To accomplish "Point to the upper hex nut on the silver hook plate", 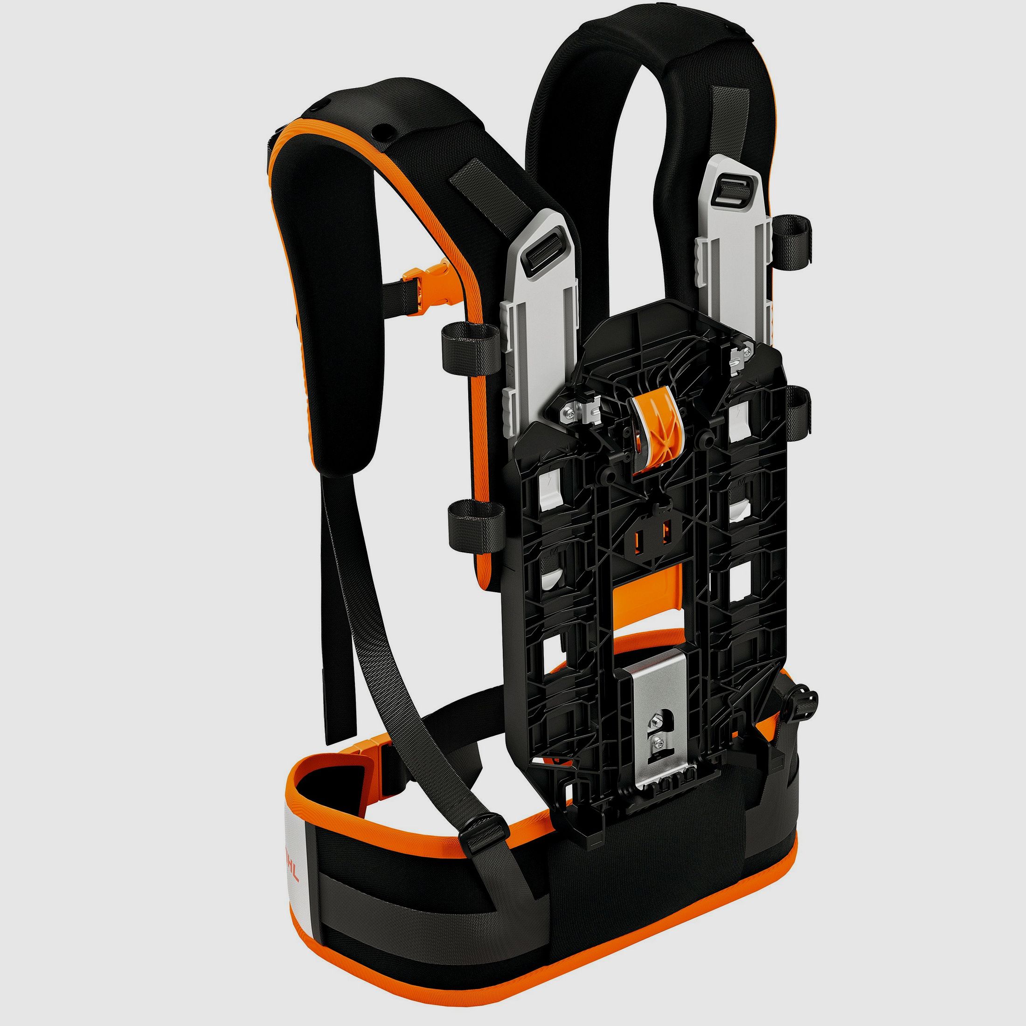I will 654,721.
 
